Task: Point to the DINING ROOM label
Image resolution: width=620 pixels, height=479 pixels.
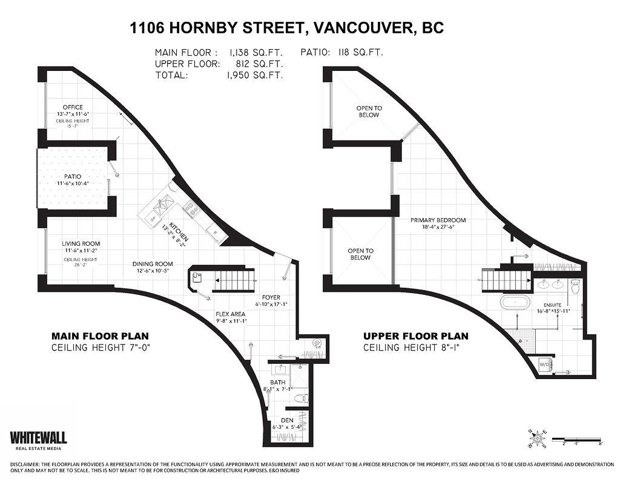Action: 153,264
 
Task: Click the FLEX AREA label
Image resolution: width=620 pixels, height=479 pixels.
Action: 230,314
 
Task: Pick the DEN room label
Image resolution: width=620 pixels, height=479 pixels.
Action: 287,420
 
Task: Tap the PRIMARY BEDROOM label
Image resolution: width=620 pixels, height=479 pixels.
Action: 438,220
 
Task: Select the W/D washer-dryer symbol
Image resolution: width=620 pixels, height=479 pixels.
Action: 545,365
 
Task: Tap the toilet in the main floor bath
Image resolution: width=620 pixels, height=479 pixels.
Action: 301,398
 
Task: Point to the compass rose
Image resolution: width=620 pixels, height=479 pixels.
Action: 538,437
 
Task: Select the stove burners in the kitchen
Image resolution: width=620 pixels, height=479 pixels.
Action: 192,210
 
